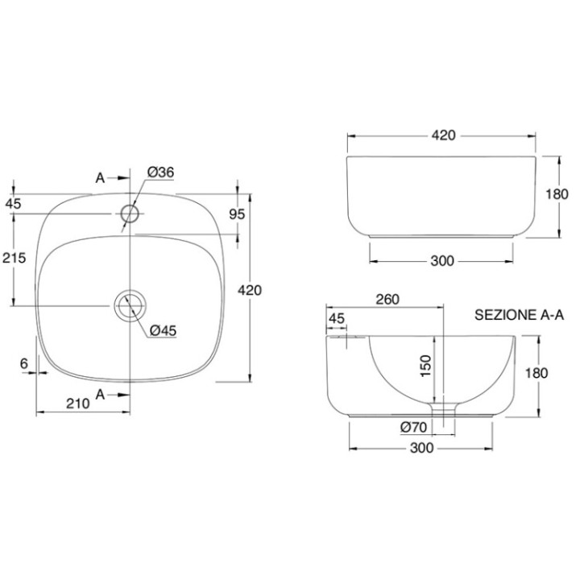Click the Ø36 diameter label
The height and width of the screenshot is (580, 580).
pyautogui.click(x=160, y=172)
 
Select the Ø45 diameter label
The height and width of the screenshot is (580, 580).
pyautogui.click(x=163, y=331)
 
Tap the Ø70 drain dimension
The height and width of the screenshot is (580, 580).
pyautogui.click(x=413, y=428)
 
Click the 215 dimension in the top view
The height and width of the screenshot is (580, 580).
pyautogui.click(x=14, y=258)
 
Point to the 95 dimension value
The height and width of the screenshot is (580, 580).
pyautogui.click(x=237, y=214)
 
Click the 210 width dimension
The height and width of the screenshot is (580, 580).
pyautogui.click(x=78, y=404)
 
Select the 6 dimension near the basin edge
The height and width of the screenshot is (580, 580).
pyautogui.click(x=24, y=363)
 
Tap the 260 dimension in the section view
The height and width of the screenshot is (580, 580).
pyautogui.click(x=387, y=299)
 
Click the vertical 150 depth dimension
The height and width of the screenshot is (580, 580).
pyautogui.click(x=426, y=366)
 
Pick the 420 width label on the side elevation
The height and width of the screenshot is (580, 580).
pyautogui.click(x=444, y=135)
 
